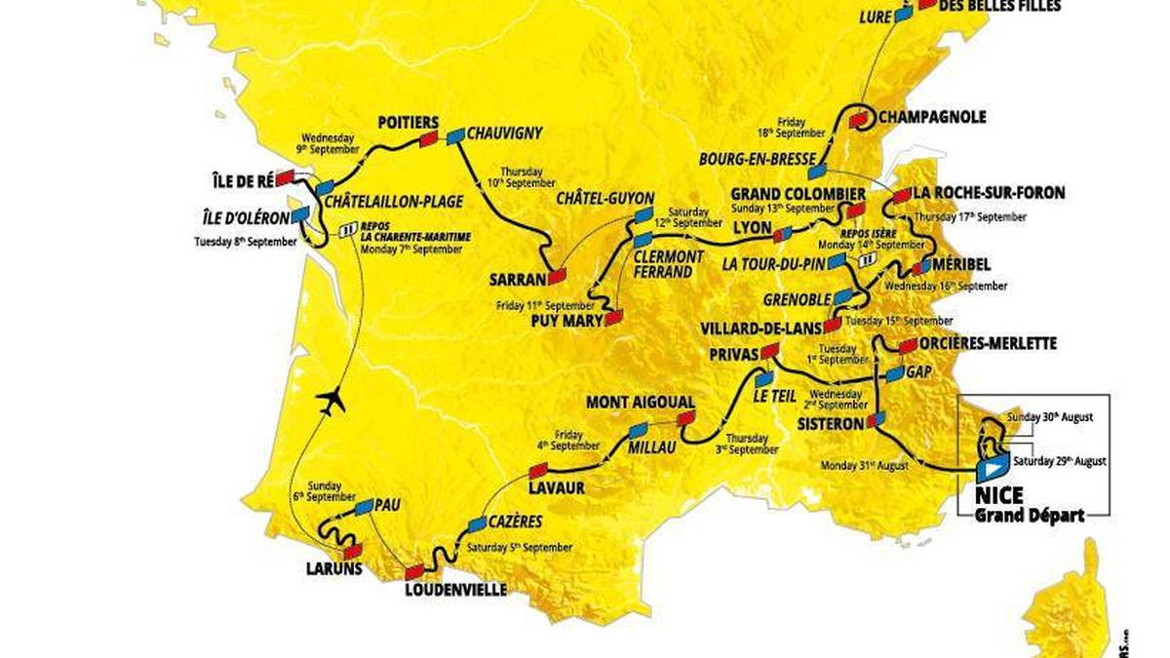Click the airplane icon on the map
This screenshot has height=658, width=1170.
click(331, 400)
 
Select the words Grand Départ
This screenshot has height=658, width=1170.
click(1030, 516)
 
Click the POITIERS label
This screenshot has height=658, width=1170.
click(409, 123)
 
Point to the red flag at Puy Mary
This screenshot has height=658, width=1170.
click(613, 318)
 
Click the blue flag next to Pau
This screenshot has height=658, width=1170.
click(365, 507)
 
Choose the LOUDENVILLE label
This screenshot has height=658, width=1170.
click(454, 590)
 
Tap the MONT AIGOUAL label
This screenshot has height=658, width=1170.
click(640, 402)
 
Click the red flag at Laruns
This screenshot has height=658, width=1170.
click(352, 551)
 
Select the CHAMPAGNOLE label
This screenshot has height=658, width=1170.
click(932, 117)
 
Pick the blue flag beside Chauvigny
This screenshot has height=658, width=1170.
click(455, 137)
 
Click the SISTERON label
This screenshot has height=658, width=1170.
click(829, 424)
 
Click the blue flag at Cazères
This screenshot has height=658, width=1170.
click(477, 524)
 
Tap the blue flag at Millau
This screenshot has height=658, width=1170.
click(638, 430)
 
